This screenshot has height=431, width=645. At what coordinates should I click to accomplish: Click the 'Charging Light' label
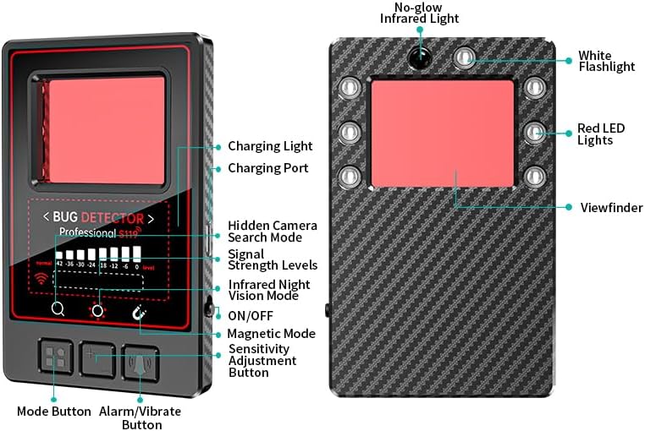coord(270,146)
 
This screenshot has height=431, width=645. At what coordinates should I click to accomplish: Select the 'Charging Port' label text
coord(268,168)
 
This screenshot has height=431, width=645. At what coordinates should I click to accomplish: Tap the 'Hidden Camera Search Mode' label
coord(273,232)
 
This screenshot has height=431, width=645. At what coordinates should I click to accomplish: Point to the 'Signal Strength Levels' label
coord(273,259)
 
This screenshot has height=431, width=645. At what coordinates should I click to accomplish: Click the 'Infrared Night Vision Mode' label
coord(269,290)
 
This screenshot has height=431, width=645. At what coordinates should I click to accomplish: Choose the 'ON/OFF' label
coord(250,315)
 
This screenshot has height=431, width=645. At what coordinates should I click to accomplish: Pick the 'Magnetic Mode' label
coord(271,334)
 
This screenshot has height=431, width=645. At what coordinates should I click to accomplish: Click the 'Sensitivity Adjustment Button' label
coord(262,361)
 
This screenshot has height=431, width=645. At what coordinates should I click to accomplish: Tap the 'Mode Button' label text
coord(54,412)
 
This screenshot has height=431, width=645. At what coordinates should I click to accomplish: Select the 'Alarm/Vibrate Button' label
coord(141,417)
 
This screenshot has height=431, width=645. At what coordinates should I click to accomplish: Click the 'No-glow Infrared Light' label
coord(420,13)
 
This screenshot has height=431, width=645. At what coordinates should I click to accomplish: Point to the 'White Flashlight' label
coord(606,61)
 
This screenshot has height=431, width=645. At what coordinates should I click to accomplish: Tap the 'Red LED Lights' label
coord(601,134)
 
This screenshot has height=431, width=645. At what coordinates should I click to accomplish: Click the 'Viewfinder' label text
coord(611,207)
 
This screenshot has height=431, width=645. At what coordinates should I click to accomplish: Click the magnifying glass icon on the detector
coord(58,309)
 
